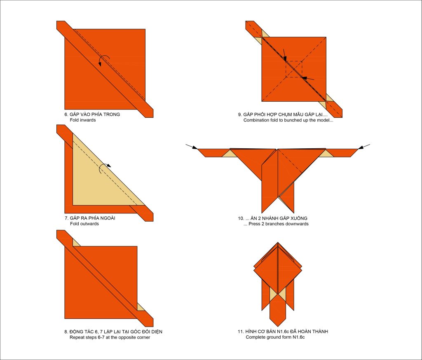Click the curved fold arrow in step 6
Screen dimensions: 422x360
103,57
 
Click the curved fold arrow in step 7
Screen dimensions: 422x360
103,166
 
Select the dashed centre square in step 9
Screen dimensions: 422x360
294,69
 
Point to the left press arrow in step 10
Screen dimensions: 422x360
191,147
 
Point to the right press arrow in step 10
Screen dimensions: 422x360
364,147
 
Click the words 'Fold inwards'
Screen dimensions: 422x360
82,120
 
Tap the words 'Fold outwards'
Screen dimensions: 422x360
84,224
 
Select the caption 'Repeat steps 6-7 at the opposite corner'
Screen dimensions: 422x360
110,337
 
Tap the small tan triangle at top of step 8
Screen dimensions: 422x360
76,243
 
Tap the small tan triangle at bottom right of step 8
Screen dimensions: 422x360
140,308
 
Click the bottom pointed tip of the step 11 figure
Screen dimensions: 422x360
278,327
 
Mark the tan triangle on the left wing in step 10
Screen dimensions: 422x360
229,154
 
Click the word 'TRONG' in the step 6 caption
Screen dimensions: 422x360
112,115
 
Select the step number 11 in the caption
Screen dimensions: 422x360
240,332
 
